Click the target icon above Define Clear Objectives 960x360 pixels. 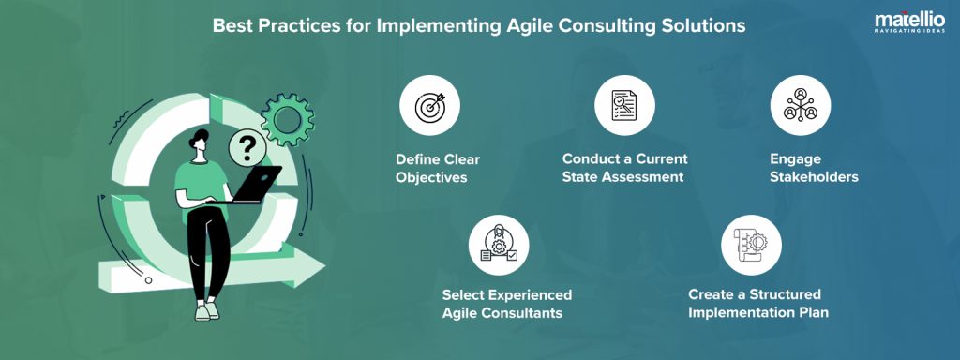tap(429, 106)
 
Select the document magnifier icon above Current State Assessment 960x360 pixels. tap(624, 106)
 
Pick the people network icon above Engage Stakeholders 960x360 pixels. tap(799, 106)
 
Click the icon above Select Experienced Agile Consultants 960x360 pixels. tap(498, 244)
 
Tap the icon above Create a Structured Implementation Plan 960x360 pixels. tap(750, 244)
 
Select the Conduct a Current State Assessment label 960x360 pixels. tap(624, 168)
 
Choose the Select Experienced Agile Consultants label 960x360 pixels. tap(506, 304)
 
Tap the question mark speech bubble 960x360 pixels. tap(247, 147)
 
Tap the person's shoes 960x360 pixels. tap(207, 310)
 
